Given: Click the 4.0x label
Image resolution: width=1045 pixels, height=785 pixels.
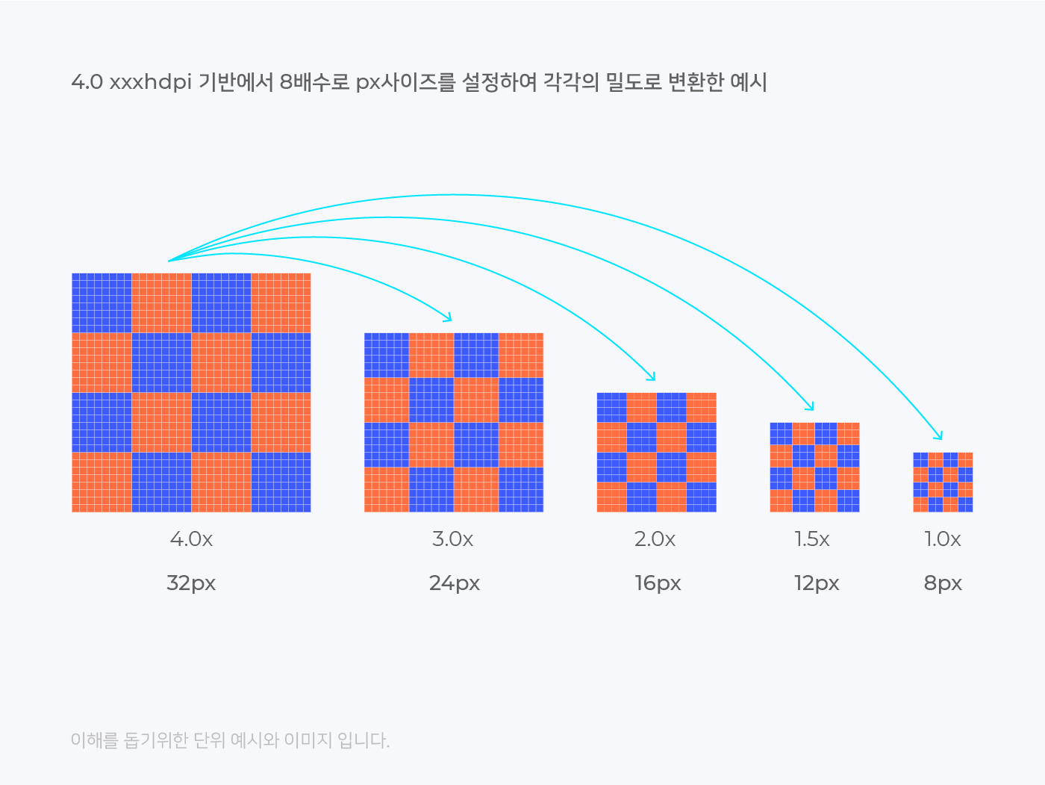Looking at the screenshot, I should (x=191, y=539).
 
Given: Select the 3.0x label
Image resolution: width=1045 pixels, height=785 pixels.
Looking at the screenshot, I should (x=452, y=539).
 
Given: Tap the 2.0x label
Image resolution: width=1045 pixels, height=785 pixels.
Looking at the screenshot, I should (x=655, y=539).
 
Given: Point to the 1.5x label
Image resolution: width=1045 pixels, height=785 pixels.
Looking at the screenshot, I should (x=811, y=539).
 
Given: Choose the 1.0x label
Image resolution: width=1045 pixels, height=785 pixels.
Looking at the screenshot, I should (x=942, y=539).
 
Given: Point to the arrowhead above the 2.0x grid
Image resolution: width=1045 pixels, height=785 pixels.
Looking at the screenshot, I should (x=652, y=378).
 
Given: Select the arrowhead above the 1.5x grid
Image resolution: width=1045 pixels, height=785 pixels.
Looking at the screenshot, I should (x=811, y=408).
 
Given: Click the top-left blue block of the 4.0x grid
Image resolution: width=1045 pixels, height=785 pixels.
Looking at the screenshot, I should (x=102, y=302).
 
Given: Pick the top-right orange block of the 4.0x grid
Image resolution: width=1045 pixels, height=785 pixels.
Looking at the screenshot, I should (x=281, y=302).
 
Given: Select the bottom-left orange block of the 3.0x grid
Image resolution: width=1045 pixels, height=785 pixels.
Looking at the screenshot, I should (x=387, y=489).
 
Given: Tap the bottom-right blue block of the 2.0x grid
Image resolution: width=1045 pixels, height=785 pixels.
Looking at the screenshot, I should (x=701, y=497).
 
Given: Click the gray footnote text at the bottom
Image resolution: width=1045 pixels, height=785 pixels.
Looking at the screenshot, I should (x=230, y=740).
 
